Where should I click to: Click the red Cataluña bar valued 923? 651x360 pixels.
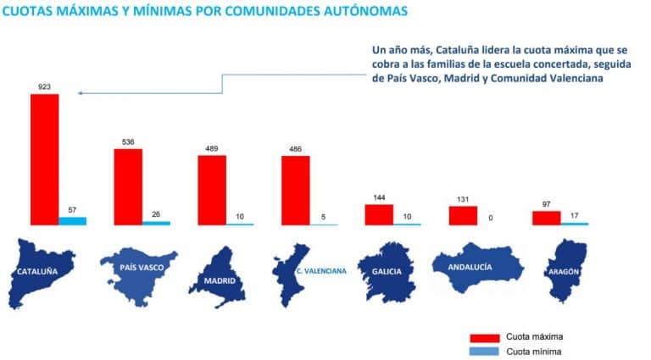(x=44, y=158)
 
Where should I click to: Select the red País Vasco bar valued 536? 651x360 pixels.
(x=128, y=186)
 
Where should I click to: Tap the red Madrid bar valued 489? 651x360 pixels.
(x=212, y=190)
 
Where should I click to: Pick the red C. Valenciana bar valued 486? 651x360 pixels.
(x=295, y=190)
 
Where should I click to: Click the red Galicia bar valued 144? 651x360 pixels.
(x=379, y=214)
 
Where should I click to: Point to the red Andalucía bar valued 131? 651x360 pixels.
(x=463, y=215)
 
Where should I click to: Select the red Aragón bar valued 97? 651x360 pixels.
(x=546, y=218)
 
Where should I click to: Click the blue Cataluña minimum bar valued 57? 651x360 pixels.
(x=72, y=220)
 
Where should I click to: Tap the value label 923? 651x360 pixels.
(x=44, y=86)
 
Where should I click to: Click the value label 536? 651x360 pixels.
(x=128, y=141)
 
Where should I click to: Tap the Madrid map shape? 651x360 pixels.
(x=212, y=275)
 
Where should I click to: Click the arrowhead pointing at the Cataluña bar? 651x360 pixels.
(x=79, y=93)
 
